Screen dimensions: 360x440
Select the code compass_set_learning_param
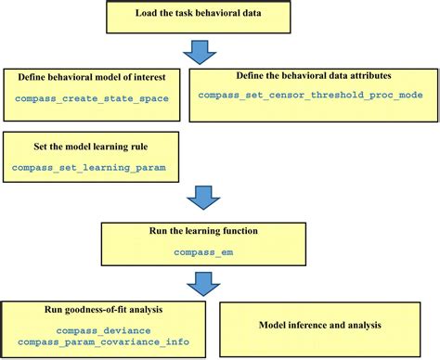pos(76,167)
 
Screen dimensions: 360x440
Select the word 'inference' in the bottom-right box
pos(317,326)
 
